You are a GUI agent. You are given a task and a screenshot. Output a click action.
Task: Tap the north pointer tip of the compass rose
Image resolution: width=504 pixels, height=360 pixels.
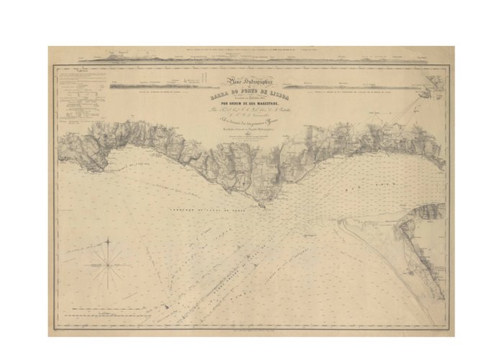click(109, 243)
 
